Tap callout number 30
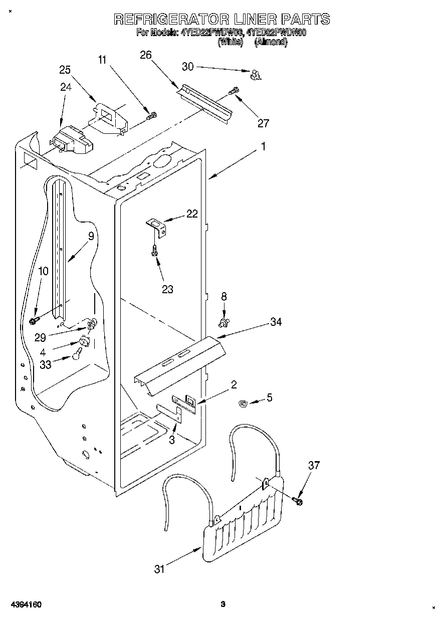coord(187,67)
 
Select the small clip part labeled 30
coord(256,75)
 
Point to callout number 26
coord(146,55)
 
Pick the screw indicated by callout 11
coord(151,116)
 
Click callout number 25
coord(65,70)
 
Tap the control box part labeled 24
coord(71,140)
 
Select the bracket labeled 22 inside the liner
coord(156,225)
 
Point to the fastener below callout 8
coord(224,320)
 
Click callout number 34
coord(276,322)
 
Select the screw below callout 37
coord(299,500)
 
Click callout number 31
coord(159,569)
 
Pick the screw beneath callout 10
coord(34,320)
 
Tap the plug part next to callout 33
coord(76,355)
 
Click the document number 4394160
coord(24,604)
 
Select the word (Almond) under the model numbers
coord(271,43)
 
